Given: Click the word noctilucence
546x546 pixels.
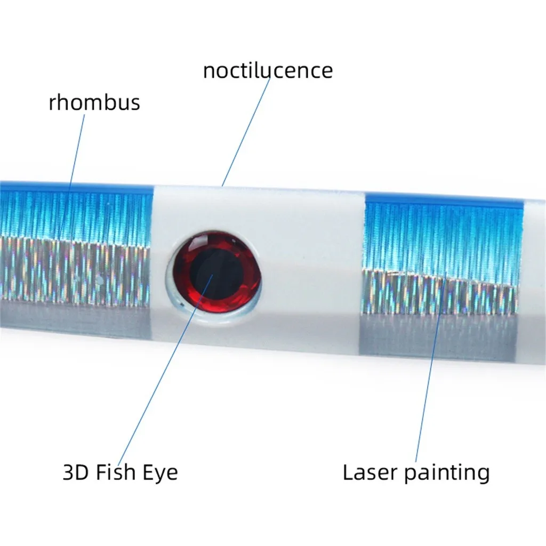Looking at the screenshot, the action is click(268, 70).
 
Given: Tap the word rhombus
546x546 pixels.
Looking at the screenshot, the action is click(94, 102).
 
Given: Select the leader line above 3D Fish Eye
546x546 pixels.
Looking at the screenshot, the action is click(160, 373).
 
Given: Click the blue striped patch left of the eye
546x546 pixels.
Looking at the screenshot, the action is click(75, 213).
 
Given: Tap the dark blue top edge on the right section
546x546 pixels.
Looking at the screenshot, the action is click(443, 198).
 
